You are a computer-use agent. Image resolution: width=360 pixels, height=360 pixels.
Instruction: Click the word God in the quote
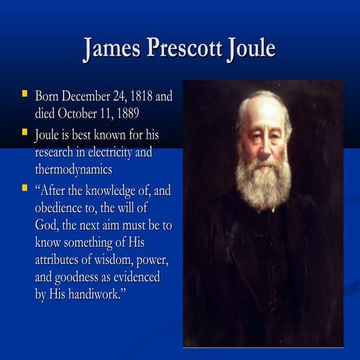[x=48, y=224]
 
